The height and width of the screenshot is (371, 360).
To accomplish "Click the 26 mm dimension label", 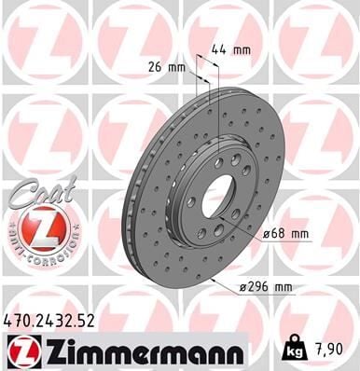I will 165,67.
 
